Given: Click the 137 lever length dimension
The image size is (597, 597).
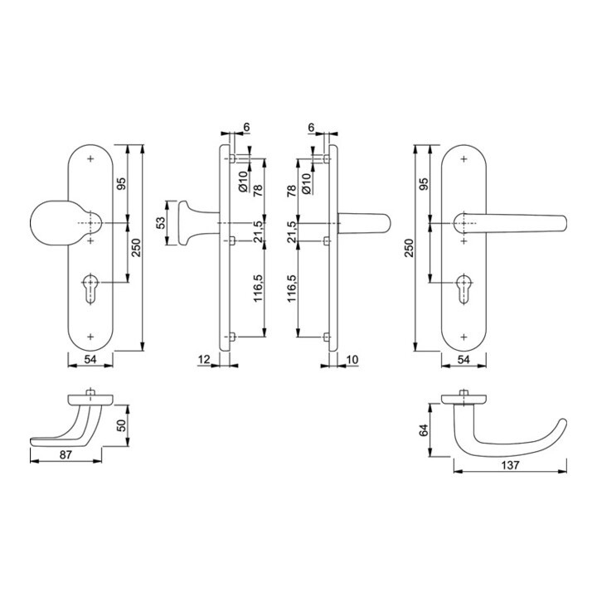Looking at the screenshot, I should pos(510,466).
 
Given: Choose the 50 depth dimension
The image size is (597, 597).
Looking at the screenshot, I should pos(121,425).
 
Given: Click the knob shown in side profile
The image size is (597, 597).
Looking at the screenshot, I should pos(187,224).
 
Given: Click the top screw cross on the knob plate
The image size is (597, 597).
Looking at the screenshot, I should pos(90,158).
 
